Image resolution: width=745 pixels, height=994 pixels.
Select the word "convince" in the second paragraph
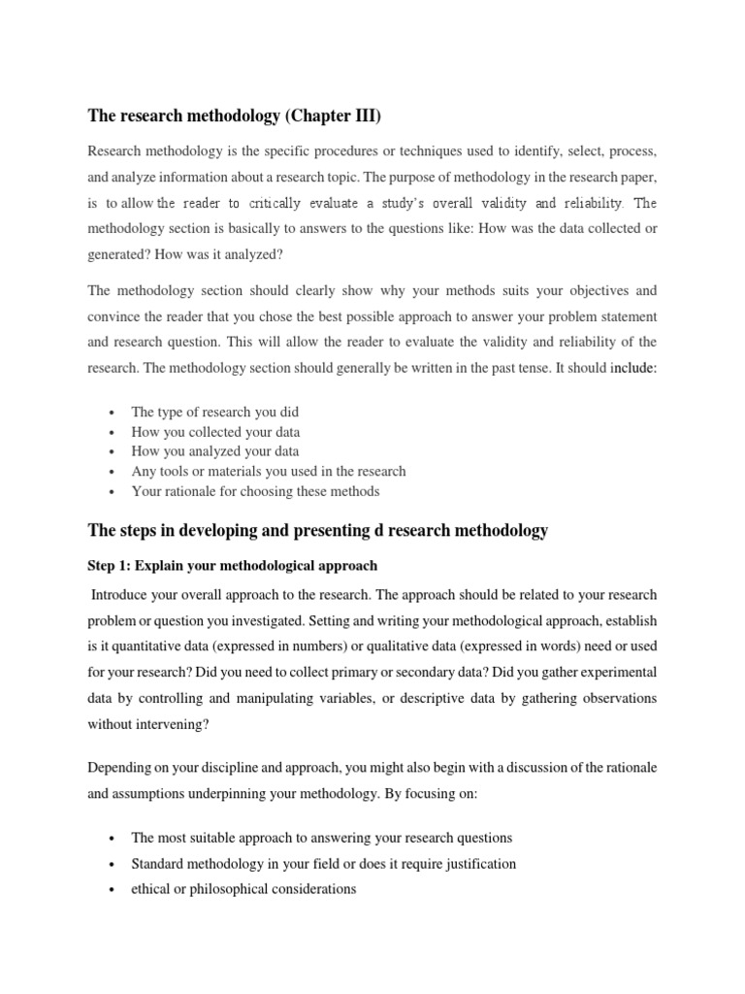pyautogui.click(x=114, y=316)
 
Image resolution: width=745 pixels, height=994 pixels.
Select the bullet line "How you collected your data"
pyautogui.click(x=215, y=431)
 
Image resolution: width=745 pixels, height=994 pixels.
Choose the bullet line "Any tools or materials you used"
pyautogui.click(x=268, y=471)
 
